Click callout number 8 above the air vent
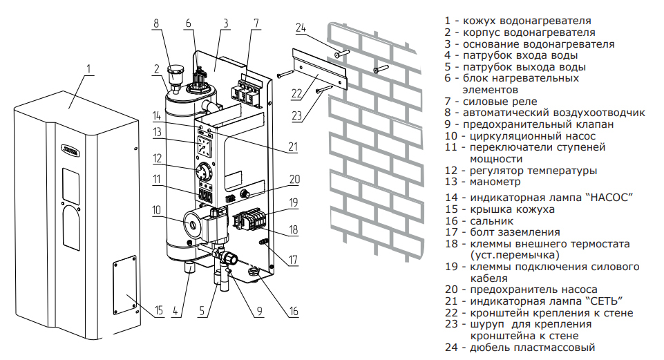(x=156, y=23)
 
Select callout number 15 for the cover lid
(x=159, y=310)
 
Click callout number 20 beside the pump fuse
(x=294, y=178)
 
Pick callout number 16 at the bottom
(x=294, y=311)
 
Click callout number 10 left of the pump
(x=157, y=209)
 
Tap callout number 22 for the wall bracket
(x=297, y=94)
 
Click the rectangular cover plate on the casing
(x=127, y=285)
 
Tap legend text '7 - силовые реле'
(x=491, y=102)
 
